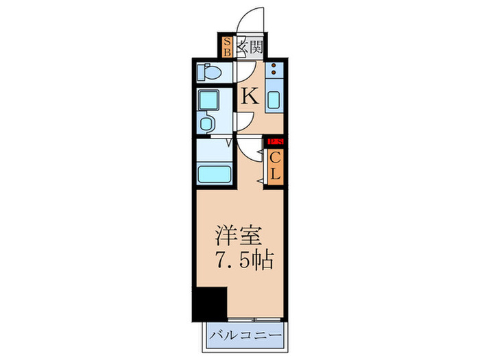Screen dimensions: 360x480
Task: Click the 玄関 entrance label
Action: point(250,47)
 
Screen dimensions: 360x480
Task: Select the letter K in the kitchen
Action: point(250,97)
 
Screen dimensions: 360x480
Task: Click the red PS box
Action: point(276,142)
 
